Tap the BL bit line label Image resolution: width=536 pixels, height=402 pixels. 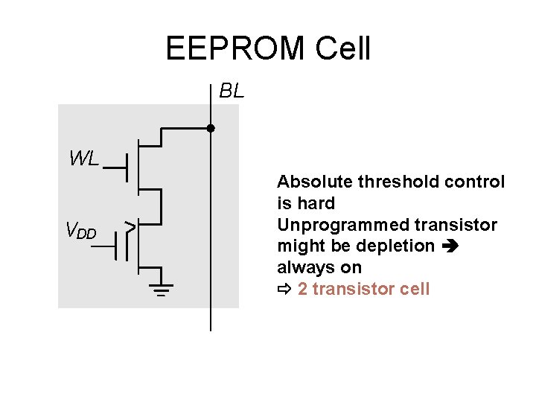coord(232,91)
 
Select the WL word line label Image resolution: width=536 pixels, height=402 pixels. coord(83,158)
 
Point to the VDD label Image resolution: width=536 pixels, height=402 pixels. coord(81,232)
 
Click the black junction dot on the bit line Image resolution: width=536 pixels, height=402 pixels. coord(211,128)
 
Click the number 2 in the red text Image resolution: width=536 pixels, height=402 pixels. coord(302,289)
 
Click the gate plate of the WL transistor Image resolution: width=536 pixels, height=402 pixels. coord(129,167)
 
